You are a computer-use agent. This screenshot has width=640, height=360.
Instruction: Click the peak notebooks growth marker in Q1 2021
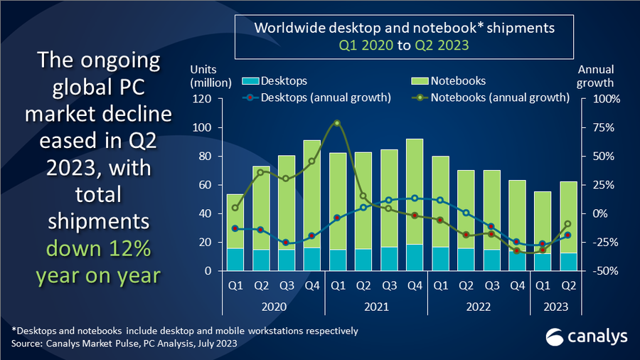[x=337, y=123]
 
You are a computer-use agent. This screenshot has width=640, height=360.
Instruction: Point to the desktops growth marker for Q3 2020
[x=286, y=243]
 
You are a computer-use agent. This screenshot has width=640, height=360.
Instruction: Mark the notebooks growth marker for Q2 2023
[x=567, y=224]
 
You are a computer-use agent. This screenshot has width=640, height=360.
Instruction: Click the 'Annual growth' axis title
[x=595, y=76]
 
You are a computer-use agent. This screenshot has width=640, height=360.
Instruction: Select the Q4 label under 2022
[x=516, y=286]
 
